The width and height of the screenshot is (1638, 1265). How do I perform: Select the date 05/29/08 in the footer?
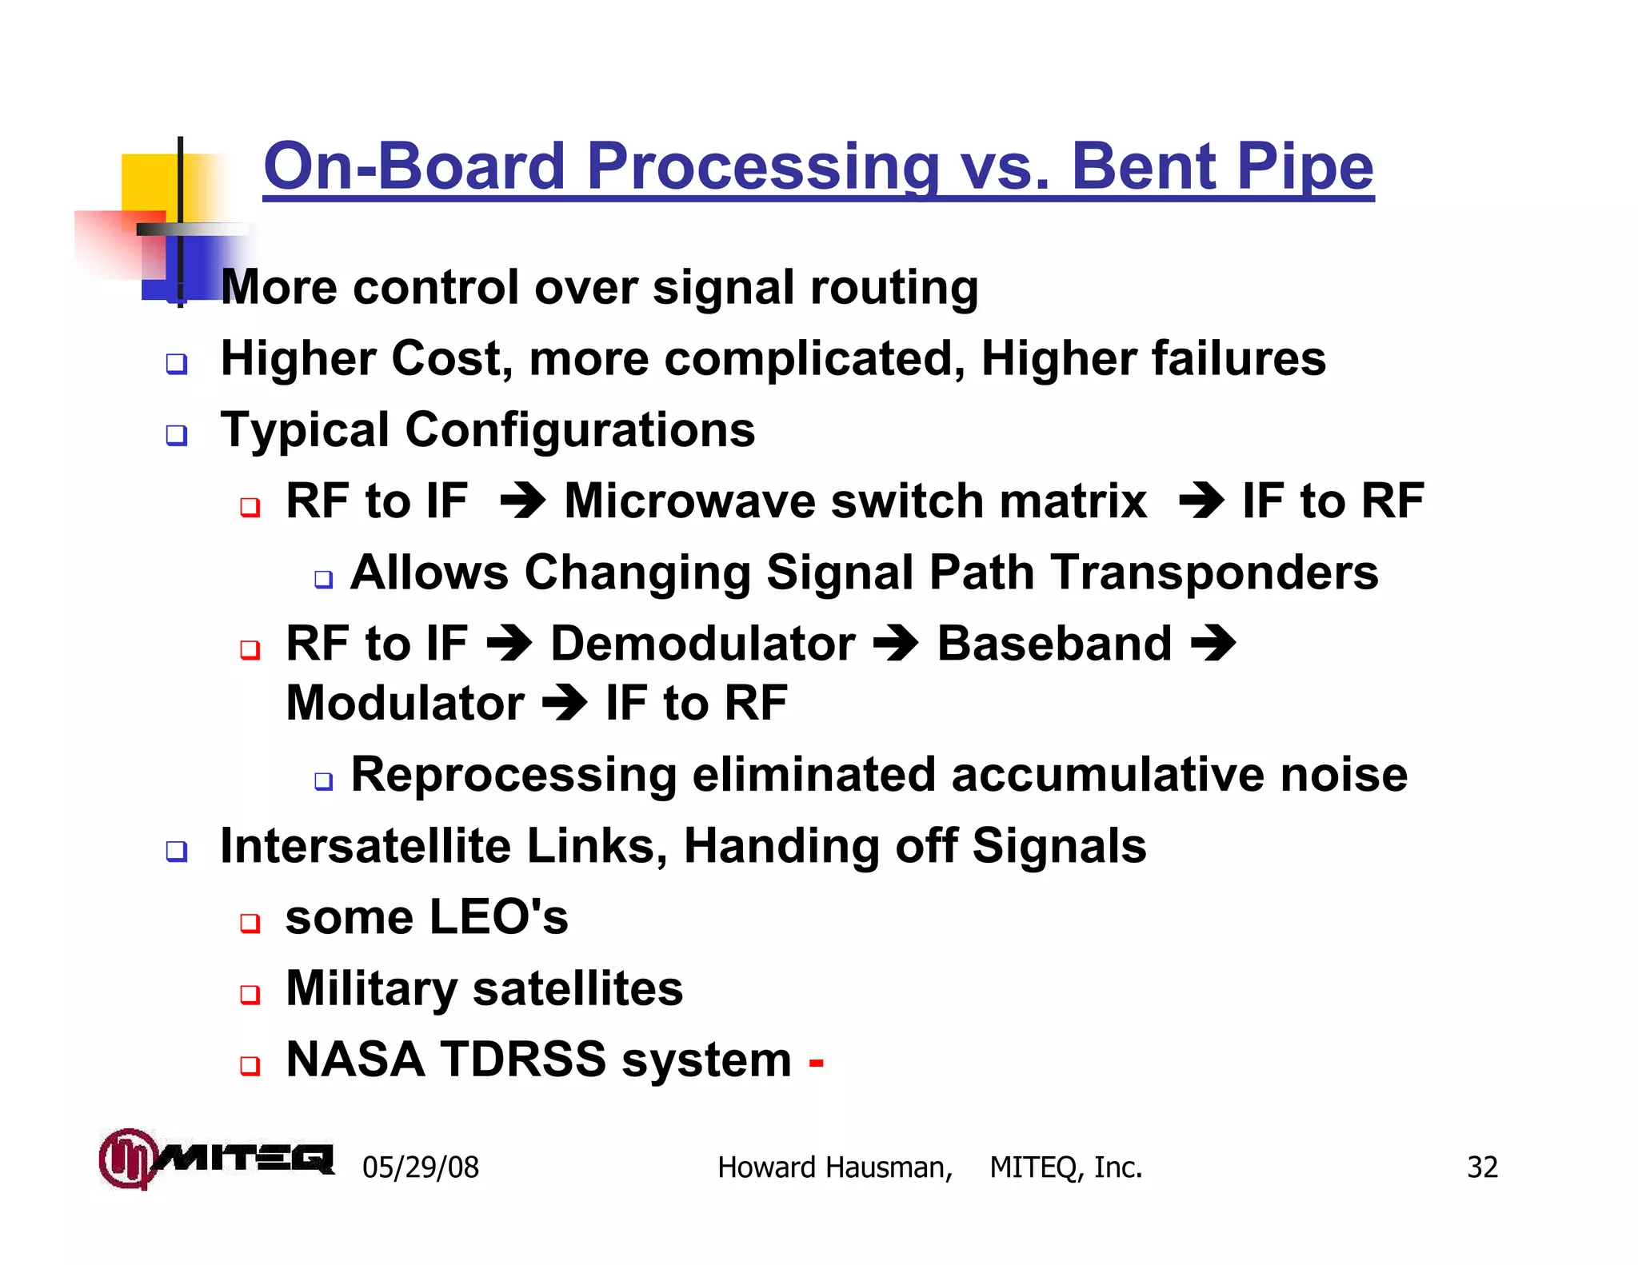coord(420,1167)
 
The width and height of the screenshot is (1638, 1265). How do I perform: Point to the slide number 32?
coord(1481,1167)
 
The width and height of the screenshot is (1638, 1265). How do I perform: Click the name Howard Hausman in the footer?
coord(834,1167)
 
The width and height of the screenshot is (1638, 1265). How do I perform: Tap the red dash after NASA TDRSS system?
coord(816,1063)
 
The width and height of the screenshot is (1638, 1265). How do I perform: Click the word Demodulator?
coord(702,644)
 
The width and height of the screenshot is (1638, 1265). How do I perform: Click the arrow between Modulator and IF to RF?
coord(565,703)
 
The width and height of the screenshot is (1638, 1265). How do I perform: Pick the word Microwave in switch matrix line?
coord(689,501)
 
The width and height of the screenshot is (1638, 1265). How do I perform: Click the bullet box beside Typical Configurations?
coord(177,436)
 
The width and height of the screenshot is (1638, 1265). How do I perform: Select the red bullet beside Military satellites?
coord(250,995)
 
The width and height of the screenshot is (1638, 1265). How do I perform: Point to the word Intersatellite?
coord(365,846)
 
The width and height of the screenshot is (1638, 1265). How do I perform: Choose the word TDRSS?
coord(523,1059)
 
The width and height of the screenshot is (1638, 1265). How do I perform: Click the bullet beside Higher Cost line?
coord(177,365)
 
